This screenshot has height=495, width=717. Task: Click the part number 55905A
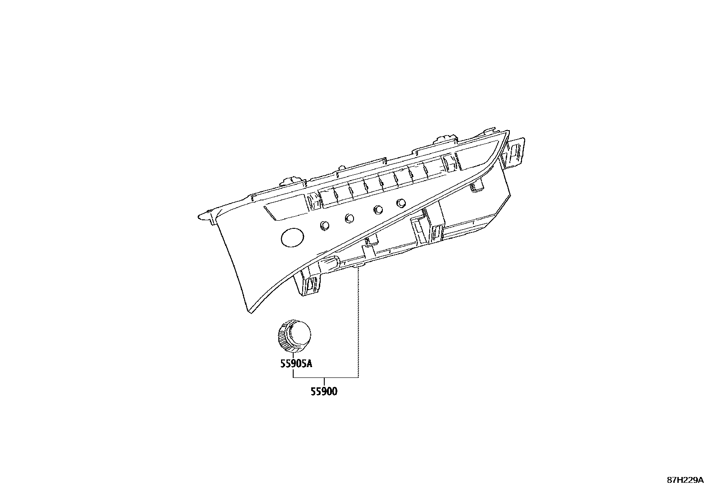coord(296,364)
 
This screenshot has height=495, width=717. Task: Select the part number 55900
coord(324,391)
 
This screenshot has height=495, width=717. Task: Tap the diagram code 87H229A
coord(685,480)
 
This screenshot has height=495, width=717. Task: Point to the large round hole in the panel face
coord(292,237)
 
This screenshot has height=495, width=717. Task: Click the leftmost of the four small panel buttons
coord(325,225)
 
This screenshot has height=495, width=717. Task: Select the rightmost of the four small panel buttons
coord(401,203)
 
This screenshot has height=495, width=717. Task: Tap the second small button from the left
coord(349,218)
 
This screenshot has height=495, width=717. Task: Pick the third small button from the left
coord(378,210)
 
